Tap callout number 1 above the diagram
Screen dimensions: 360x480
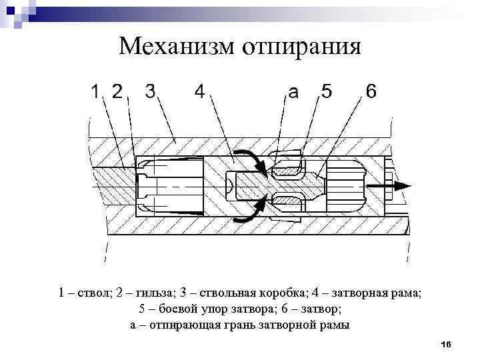(97, 91)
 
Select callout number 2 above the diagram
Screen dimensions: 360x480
(118, 91)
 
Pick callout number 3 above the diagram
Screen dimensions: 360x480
(150, 91)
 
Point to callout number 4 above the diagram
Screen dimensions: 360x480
(199, 91)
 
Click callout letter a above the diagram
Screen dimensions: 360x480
(294, 94)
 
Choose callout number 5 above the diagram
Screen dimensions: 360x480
(327, 91)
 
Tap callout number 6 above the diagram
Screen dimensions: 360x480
(371, 91)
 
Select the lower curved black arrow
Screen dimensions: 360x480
(252, 209)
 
